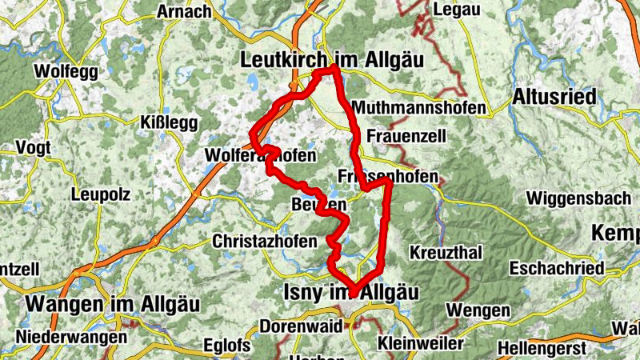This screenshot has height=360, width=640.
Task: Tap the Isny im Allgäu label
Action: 350,294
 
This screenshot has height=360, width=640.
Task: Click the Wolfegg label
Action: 66,71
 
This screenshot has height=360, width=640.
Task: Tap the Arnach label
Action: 184,11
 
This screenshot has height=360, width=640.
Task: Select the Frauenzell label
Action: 406,136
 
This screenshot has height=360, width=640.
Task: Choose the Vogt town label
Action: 32,149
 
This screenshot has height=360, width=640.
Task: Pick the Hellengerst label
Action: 541,349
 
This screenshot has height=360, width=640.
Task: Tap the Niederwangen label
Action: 70,337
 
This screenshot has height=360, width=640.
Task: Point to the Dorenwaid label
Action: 301,326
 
